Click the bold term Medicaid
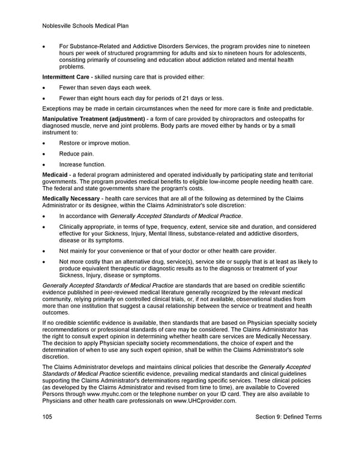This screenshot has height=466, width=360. click(55, 175)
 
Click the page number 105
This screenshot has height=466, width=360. click(47, 417)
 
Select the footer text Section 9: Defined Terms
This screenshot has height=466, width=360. click(289, 417)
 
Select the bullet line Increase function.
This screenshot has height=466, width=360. click(82, 165)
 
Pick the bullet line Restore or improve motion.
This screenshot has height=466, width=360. click(94, 143)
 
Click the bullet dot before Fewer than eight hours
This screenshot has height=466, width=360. click(44, 98)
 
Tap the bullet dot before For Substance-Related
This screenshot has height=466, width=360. click(44, 46)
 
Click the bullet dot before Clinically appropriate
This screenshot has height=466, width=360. click(44, 227)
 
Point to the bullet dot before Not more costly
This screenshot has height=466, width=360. click(44, 262)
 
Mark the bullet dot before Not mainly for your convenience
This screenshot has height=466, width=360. click(44, 250)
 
